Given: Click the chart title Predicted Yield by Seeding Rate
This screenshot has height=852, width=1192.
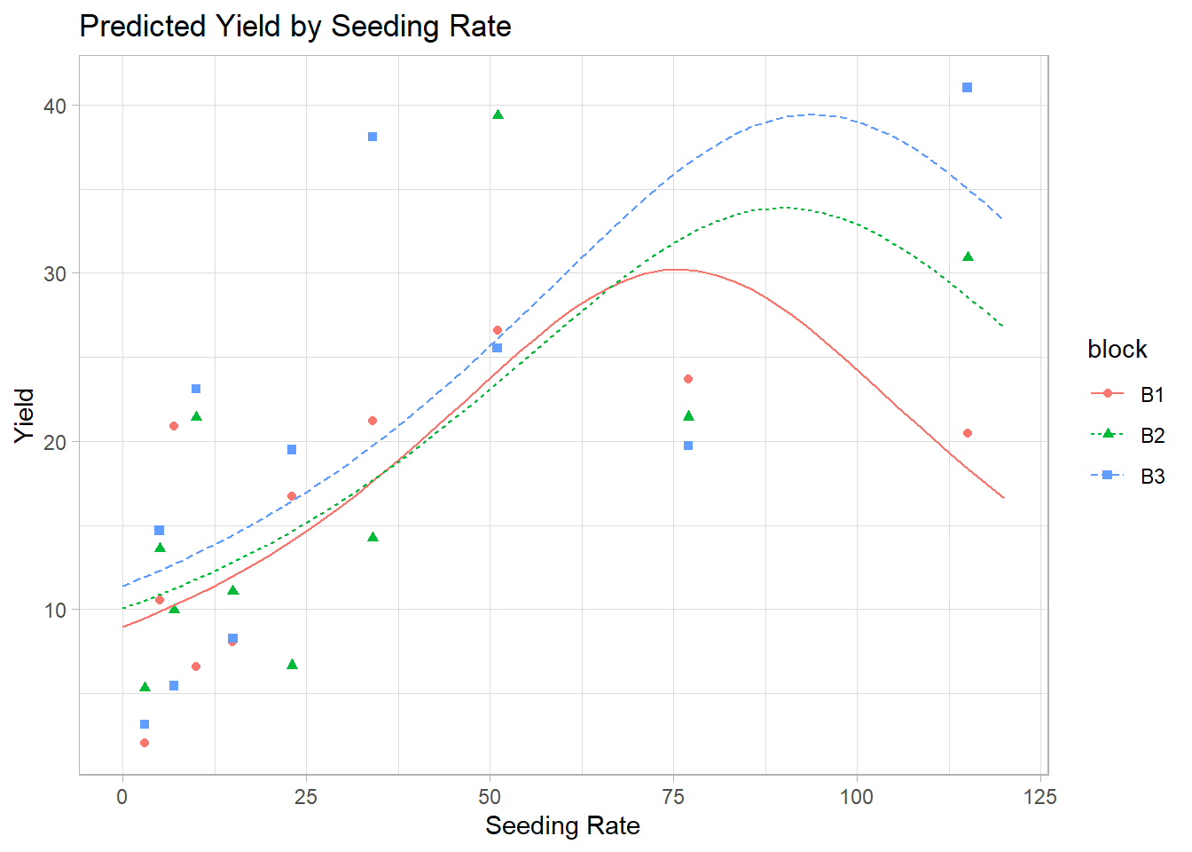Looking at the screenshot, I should point(294,27).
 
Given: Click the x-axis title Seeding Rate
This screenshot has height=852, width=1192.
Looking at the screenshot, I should point(562,825).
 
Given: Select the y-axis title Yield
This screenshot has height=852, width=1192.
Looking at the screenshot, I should point(25,415).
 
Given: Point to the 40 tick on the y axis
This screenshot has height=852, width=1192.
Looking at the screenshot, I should point(55,106).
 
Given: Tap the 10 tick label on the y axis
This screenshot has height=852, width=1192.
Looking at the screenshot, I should point(55,610).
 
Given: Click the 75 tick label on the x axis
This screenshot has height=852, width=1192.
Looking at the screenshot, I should point(673,797).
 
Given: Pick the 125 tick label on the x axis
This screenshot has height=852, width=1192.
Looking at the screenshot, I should point(1039,797).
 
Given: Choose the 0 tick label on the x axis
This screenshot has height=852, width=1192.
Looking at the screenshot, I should point(122,797).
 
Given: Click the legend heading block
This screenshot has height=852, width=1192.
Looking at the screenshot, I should point(1117,350).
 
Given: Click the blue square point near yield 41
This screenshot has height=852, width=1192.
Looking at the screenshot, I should point(967,87).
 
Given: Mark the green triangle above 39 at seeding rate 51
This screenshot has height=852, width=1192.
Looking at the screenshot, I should point(498,114).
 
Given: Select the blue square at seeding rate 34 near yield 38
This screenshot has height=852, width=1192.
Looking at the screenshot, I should point(372,137).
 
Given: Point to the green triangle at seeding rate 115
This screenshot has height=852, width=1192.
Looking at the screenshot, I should point(968,256).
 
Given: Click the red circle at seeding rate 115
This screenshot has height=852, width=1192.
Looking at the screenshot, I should point(967,433).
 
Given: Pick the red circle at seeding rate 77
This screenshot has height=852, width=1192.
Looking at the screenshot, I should point(688,379).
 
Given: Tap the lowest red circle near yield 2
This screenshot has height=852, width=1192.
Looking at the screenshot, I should point(145,743).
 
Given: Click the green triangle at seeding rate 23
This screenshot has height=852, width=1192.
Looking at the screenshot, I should point(292,664).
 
